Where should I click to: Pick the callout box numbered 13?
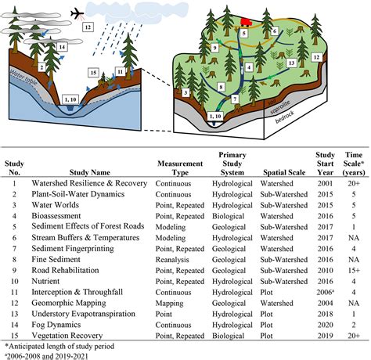point(291,59)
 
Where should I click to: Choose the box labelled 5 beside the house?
point(244,34)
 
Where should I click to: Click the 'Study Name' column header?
point(59,167)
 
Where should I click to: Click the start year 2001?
point(324,181)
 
